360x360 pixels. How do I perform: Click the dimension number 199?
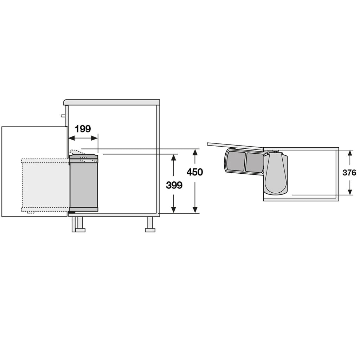[83, 129]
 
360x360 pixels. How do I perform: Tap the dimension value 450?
[195, 172]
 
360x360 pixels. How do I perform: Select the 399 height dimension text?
[174, 185]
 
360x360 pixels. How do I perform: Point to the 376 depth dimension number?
[349, 172]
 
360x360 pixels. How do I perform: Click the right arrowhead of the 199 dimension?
[94, 138]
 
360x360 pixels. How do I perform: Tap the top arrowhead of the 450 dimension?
[195, 152]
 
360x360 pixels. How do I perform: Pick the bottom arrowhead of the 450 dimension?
[195, 210]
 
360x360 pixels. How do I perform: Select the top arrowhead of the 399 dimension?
[174, 157]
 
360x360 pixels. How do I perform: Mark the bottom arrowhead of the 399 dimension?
[174, 210]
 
